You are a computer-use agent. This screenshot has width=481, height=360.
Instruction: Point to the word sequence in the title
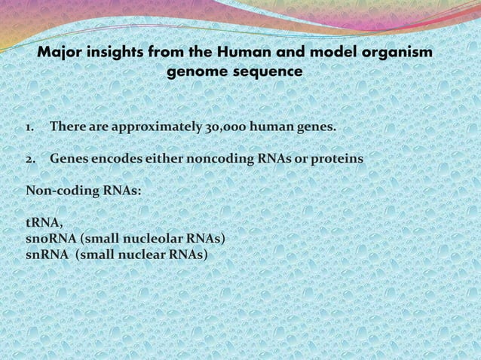pos(267,72)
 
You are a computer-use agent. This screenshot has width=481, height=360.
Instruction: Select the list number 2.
pos(31,160)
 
